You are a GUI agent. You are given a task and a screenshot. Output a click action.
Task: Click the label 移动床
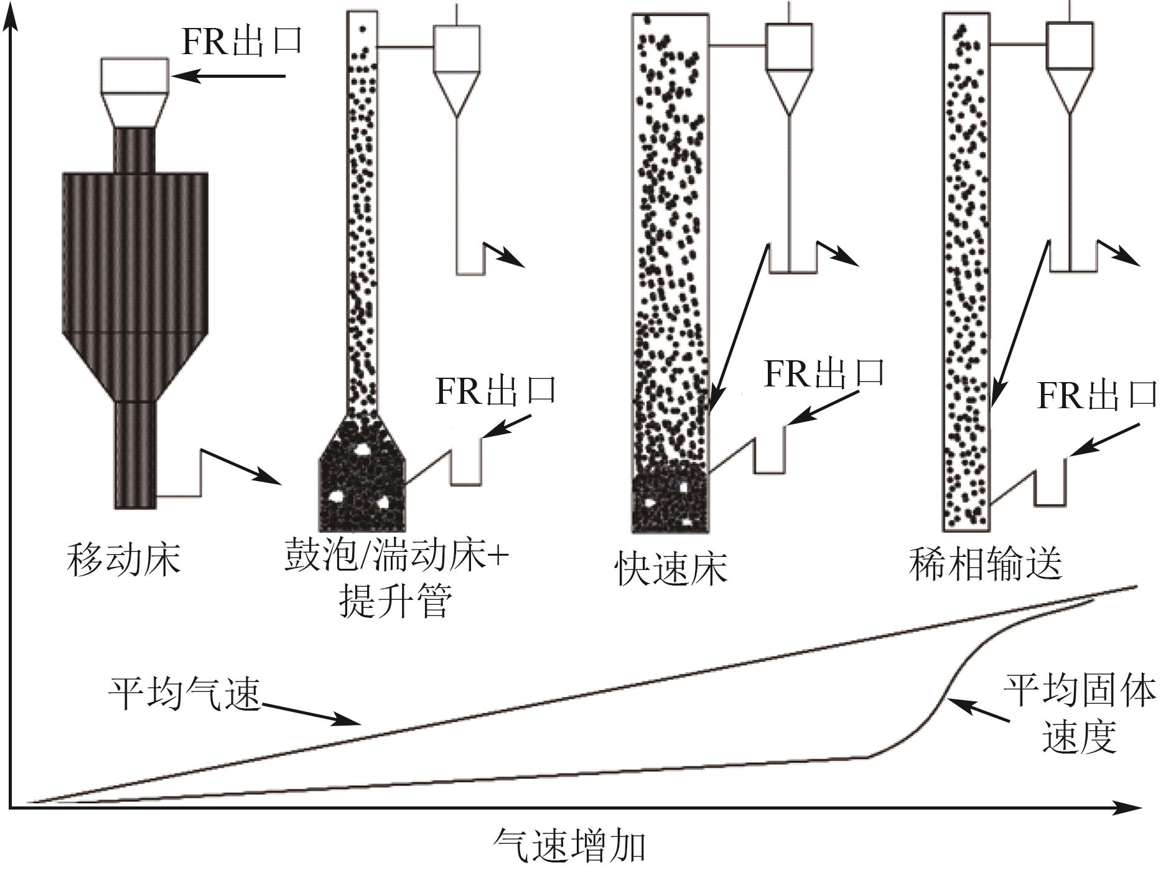pyautogui.click(x=123, y=559)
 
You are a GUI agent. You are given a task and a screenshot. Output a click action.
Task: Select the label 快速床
pyautogui.click(x=671, y=568)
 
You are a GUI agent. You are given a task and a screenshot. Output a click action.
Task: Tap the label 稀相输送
pyautogui.click(x=986, y=564)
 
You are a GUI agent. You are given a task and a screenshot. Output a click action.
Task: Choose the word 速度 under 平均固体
pyautogui.click(x=1079, y=737)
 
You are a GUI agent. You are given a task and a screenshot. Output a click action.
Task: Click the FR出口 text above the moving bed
pyautogui.click(x=241, y=41)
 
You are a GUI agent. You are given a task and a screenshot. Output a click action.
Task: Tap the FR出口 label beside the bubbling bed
pyautogui.click(x=495, y=390)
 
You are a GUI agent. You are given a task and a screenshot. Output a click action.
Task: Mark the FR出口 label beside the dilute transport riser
pyautogui.click(x=1097, y=395)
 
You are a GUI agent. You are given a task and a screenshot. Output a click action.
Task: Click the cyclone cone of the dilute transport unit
pyautogui.click(x=1070, y=90)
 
